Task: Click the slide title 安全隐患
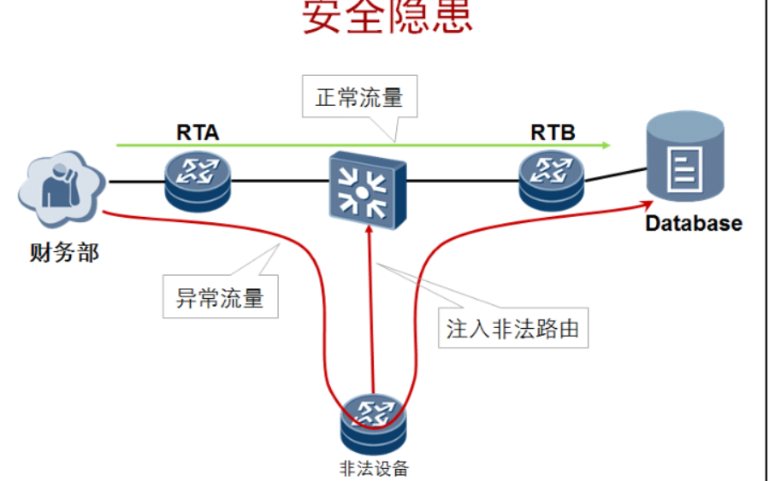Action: click(x=388, y=17)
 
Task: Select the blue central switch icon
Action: click(x=368, y=183)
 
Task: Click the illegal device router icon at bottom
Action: click(x=374, y=423)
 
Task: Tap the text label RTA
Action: click(x=198, y=132)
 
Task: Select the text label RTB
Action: click(x=553, y=132)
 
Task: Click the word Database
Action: click(x=693, y=224)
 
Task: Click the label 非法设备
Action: click(x=374, y=468)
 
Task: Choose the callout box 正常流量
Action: click(x=358, y=97)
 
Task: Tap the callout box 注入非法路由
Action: click(x=512, y=328)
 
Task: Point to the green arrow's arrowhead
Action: click(x=606, y=145)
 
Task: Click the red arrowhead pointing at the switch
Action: click(x=370, y=232)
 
